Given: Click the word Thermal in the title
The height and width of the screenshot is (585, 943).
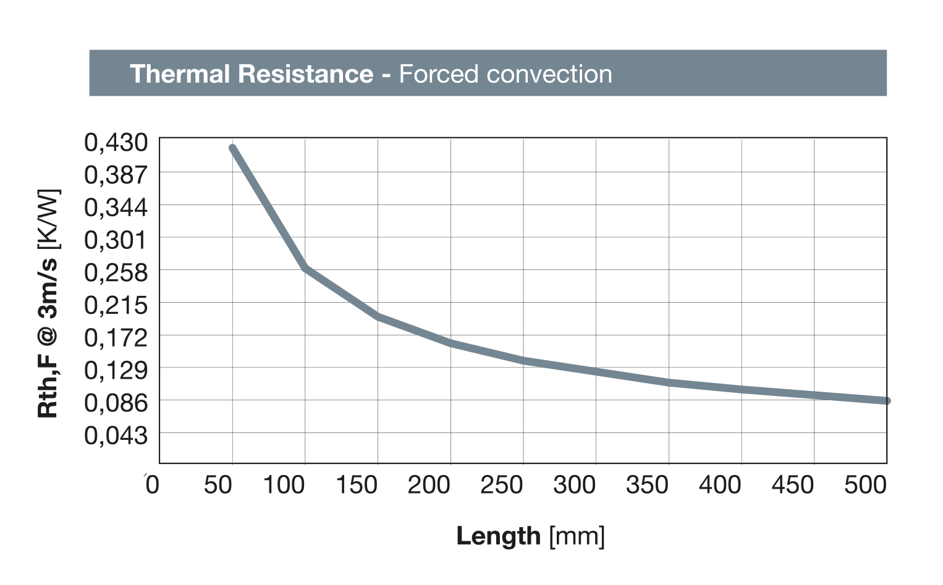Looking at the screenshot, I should click(x=180, y=74).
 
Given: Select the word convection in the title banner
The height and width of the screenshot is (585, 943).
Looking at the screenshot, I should click(x=549, y=74).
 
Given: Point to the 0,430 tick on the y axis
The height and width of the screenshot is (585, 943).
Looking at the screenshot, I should click(x=116, y=143).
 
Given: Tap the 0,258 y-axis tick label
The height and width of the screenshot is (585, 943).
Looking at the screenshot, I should click(x=116, y=272).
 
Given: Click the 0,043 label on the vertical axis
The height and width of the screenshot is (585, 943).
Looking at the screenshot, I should click(x=116, y=436).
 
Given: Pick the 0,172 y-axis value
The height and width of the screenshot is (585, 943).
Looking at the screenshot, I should click(x=116, y=338).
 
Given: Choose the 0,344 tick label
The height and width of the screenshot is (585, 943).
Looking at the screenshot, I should click(x=116, y=208).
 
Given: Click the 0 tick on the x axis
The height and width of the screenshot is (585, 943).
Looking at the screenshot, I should click(x=152, y=485).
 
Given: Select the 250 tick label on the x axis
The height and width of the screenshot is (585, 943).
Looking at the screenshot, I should click(x=502, y=485).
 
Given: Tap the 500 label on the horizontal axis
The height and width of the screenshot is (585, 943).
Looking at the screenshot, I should click(x=865, y=485).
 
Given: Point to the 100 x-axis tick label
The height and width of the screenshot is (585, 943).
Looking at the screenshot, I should click(x=284, y=485).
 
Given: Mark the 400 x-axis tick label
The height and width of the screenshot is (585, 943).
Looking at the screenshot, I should click(x=720, y=485).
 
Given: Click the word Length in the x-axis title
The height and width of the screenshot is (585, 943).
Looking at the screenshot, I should click(x=498, y=536).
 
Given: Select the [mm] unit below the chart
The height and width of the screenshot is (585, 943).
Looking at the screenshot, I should click(x=577, y=536).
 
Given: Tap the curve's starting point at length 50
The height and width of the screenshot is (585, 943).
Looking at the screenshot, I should click(x=232, y=148).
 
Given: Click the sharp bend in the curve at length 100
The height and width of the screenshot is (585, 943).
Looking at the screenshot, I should click(x=305, y=267).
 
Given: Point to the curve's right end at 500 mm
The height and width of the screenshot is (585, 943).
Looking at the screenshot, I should click(x=886, y=401).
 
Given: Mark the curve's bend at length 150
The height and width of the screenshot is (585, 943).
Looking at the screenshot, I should click(x=378, y=316).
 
